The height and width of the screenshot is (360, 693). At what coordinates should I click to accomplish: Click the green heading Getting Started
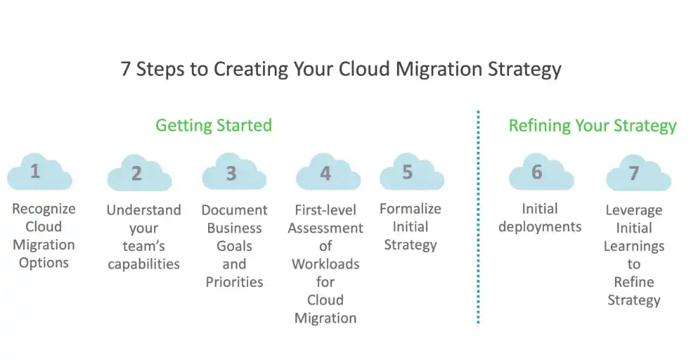[214, 126]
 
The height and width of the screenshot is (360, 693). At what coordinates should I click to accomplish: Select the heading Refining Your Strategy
[592, 127]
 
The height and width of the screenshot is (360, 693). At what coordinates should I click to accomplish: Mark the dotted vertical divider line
[478, 218]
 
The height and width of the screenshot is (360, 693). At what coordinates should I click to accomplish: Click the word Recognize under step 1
[44, 209]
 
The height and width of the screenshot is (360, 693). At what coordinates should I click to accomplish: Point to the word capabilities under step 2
[143, 264]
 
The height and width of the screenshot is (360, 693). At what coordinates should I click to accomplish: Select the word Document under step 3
[234, 210]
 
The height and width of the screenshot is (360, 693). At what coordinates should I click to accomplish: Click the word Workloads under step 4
[325, 264]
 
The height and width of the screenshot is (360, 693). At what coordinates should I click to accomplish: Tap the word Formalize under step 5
[410, 209]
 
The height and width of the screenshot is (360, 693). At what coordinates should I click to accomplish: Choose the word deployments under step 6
[540, 227]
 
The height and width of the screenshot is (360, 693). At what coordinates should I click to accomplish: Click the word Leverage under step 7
[633, 210]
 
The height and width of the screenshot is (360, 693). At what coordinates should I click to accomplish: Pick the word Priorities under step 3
[234, 282]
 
